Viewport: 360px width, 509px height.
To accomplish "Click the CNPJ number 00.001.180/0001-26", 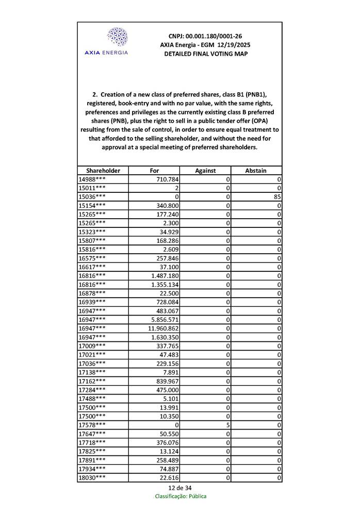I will tap(205, 36).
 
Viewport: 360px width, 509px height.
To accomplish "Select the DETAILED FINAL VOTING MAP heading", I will tap(205, 54).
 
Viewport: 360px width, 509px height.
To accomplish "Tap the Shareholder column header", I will tap(103, 171).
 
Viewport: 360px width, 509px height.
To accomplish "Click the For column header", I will tap(154, 171).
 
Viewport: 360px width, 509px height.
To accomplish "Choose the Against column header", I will tap(205, 171).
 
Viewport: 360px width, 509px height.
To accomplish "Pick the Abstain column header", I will tap(256, 171).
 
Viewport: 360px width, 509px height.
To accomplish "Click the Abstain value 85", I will tap(277, 197).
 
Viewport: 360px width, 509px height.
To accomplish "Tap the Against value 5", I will tap(227, 424).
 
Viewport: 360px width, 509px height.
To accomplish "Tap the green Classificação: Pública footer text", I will tap(181, 497).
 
